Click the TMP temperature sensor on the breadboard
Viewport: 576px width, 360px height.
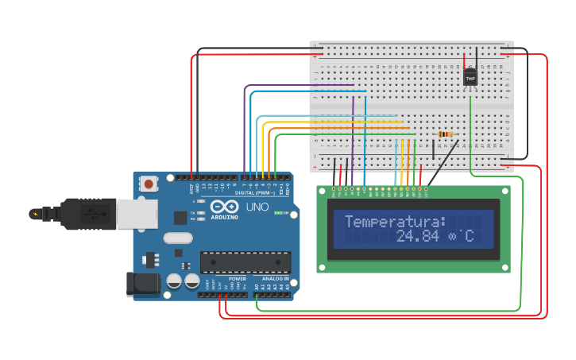[470, 76]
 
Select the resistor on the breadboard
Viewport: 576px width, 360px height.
[445, 134]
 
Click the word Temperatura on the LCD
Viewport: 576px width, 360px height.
[395, 221]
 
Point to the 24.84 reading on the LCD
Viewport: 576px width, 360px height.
[417, 236]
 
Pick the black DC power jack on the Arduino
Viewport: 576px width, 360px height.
[140, 285]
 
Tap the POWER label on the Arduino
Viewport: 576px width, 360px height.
[237, 279]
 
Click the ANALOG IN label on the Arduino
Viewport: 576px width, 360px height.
[275, 279]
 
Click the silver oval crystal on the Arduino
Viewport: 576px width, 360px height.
[178, 238]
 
